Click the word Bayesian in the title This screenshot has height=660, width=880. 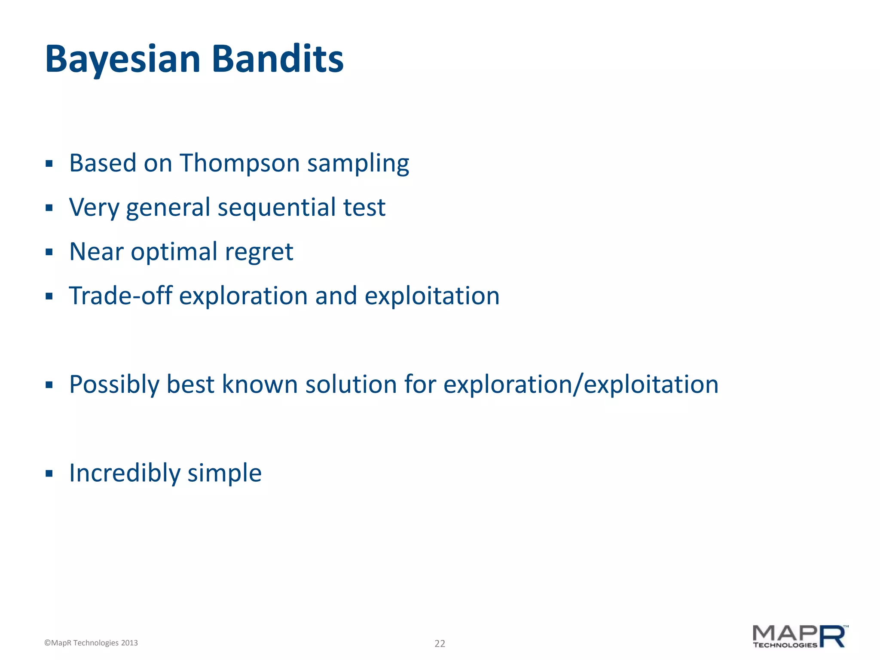point(122,59)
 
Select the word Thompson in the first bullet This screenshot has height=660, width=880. point(239,163)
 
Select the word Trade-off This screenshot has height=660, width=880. point(120,296)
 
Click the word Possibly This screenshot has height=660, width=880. point(114,385)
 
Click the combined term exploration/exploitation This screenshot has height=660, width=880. point(581,385)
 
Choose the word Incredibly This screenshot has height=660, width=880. point(125,473)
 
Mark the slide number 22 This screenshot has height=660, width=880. point(440,643)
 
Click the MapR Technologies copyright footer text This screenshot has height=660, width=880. point(91,643)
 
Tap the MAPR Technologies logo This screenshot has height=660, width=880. point(800,636)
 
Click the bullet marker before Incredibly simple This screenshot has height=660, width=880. point(49,474)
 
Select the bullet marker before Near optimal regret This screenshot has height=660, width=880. point(49,252)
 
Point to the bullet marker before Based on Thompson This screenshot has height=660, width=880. point(49,163)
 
